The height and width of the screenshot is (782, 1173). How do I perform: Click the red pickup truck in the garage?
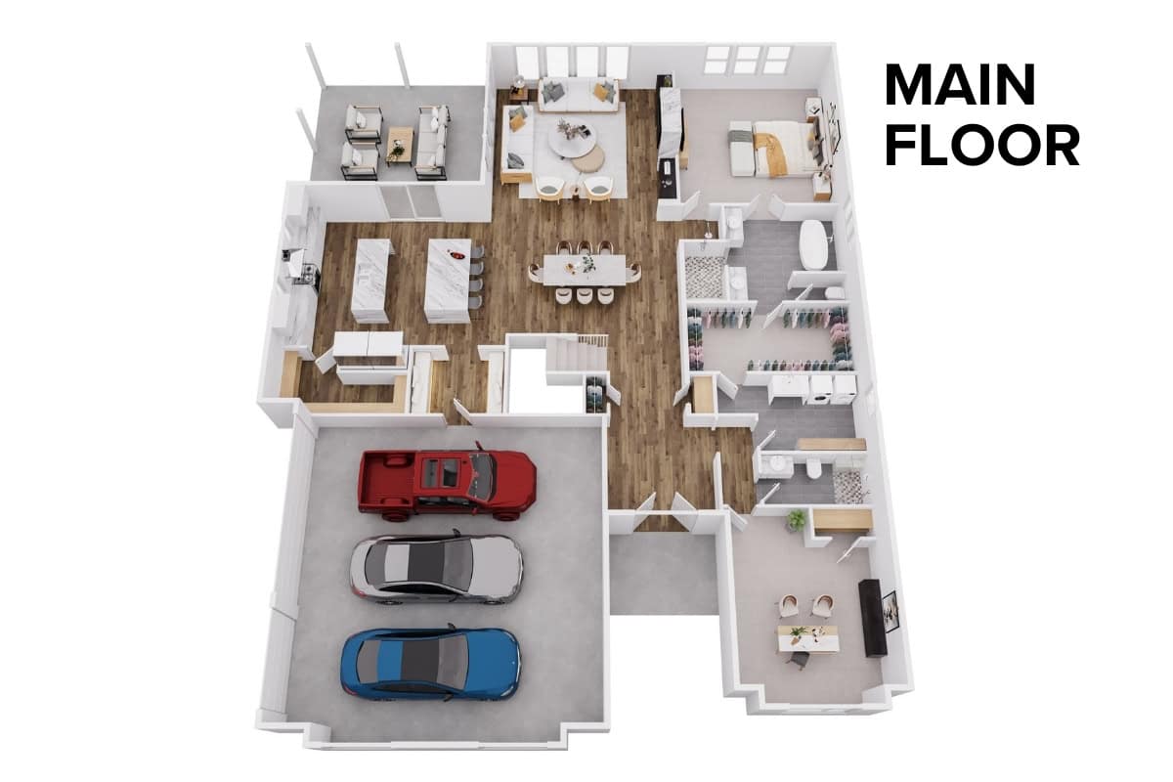(x=447, y=482)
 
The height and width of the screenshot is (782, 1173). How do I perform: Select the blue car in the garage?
(x=430, y=663)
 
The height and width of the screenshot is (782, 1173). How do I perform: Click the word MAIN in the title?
(x=960, y=85)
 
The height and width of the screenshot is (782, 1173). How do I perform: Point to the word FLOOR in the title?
(x=981, y=145)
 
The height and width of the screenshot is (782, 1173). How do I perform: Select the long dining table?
(x=584, y=270)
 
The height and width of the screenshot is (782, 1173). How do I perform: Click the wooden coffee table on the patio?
(x=400, y=143)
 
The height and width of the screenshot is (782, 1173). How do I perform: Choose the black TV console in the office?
(x=872, y=618)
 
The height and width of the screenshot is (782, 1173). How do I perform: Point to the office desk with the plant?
(x=806, y=638)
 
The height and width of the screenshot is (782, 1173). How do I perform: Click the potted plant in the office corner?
(x=797, y=520)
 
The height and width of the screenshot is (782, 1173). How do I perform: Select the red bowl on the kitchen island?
(x=456, y=256)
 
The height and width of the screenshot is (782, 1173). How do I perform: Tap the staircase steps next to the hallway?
(x=577, y=354)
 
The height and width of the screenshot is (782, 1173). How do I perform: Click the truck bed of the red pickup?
(x=389, y=482)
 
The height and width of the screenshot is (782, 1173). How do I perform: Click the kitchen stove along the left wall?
(x=305, y=273)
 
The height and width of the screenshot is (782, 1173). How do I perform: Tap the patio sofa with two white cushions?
(x=432, y=142)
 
